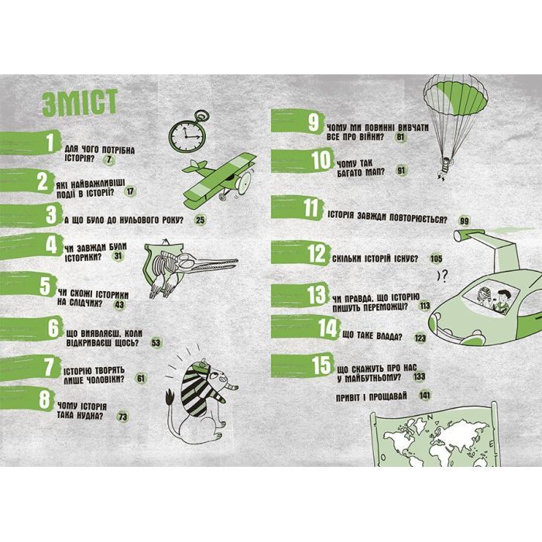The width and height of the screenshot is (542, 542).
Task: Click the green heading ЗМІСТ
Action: point(80,103)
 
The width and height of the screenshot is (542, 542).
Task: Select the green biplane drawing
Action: point(219,180)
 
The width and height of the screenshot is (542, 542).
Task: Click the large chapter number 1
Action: point(51,142)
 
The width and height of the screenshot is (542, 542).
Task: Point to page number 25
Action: point(200,220)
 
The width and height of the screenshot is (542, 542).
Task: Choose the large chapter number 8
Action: point(45,400)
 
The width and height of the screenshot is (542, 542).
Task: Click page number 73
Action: point(122,417)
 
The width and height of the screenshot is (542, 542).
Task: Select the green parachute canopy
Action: point(455,96)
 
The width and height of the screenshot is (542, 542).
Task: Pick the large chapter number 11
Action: point(311,208)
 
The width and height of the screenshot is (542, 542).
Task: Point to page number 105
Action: point(436,259)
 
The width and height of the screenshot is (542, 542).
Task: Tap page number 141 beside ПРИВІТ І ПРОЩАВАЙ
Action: point(424,395)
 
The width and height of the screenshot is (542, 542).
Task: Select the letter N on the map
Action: point(431,417)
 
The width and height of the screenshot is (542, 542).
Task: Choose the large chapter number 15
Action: point(322,365)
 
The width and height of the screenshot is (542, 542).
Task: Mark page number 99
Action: point(465,221)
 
